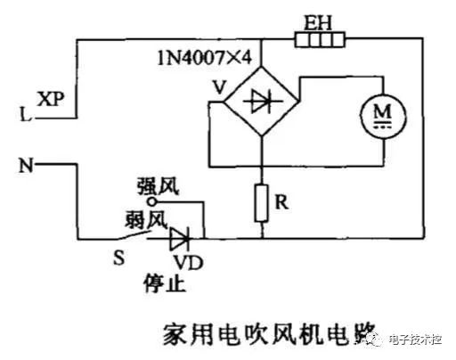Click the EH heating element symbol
tap(320, 39)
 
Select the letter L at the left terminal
tap(22, 114)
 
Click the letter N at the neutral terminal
tap(24, 165)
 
